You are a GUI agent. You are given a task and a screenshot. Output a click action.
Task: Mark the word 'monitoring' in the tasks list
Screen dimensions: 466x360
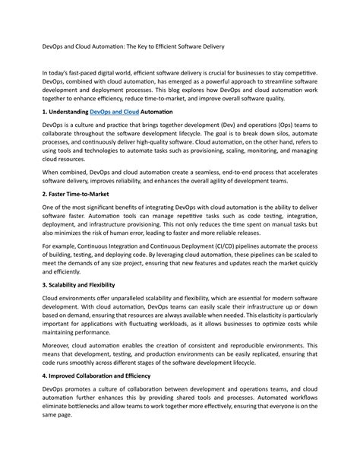tap(255, 151)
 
